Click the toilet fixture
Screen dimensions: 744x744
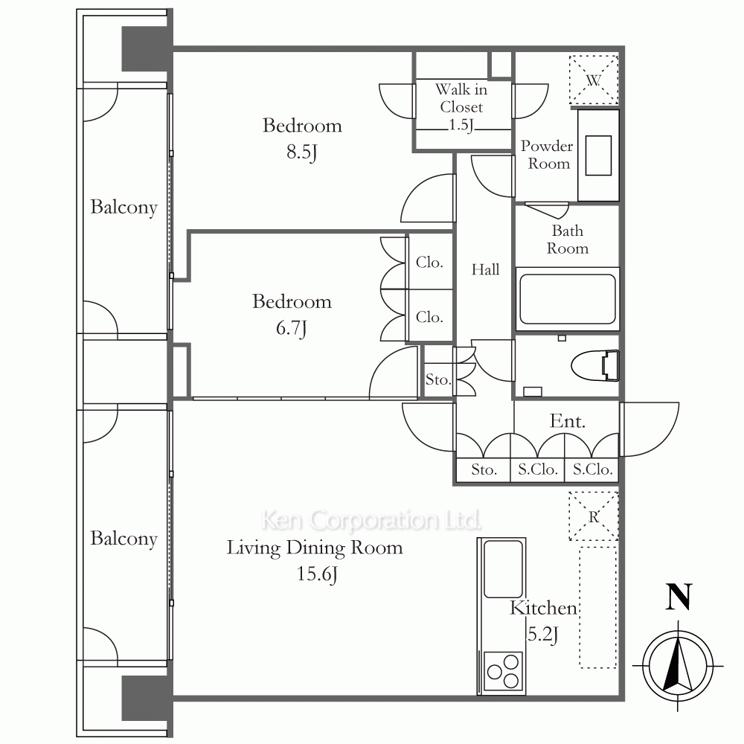(595, 365)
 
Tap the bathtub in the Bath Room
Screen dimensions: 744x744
(568, 299)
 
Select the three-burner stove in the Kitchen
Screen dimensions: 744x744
(503, 672)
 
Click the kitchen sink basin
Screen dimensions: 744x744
(503, 569)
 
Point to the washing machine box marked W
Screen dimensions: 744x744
(594, 80)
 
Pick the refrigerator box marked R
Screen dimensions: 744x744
(594, 516)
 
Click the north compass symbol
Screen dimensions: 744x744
(678, 665)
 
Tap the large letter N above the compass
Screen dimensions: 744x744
(679, 597)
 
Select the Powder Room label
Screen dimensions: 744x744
(547, 155)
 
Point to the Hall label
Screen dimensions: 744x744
(485, 269)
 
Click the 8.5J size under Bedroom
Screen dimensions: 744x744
(302, 153)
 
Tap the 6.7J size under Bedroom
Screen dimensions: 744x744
(292, 328)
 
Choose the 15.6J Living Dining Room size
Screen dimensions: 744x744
(317, 574)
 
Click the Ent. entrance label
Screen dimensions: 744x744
(568, 421)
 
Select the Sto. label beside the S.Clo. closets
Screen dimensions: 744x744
(484, 469)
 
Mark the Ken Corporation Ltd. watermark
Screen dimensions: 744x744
(371, 520)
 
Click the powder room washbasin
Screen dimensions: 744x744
(598, 155)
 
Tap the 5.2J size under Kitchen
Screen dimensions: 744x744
(543, 635)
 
